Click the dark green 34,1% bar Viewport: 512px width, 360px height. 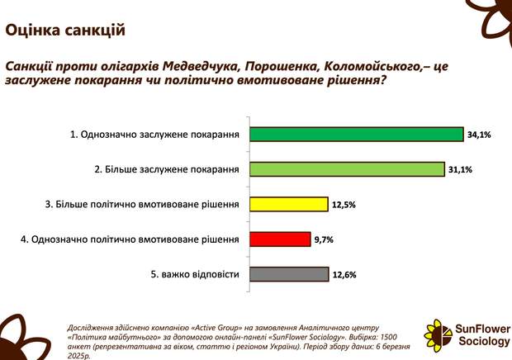(357, 134)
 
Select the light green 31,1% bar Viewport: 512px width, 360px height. (347, 169)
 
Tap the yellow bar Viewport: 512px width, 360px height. (289, 204)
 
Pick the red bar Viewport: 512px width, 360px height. (280, 239)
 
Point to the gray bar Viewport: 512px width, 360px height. (289, 274)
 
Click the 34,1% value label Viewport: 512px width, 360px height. (479, 135)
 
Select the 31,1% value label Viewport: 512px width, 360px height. (461, 170)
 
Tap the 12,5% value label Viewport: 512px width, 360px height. (344, 205)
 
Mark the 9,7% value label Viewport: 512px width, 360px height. (324, 240)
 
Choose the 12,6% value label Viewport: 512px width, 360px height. (344, 275)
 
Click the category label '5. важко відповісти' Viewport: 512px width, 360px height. (195, 274)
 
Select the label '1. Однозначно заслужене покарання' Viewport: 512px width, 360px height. (154, 135)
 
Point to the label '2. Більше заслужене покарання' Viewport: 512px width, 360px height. (167, 169)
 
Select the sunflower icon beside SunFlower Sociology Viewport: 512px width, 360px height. (439, 333)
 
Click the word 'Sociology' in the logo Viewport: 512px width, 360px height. (484, 341)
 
